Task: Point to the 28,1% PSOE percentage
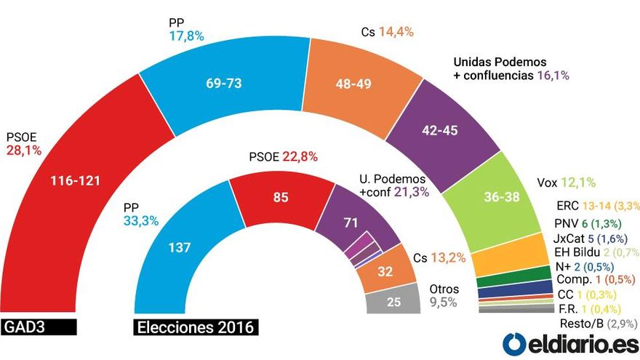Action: (24, 151)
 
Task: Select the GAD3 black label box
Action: (38, 327)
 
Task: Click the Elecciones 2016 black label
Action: (196, 327)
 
